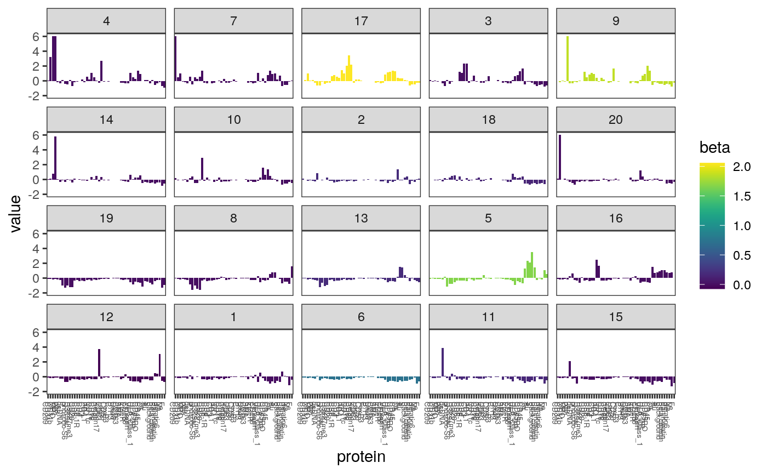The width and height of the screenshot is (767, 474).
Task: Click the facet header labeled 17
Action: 360,21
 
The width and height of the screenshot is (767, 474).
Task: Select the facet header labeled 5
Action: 488,219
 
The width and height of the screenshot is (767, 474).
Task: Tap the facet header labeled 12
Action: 106,317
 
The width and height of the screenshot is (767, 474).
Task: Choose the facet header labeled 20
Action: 615,120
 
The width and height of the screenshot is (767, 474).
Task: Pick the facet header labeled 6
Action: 360,317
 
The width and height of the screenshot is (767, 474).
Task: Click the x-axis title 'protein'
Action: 361,457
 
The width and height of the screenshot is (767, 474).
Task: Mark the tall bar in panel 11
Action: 442,362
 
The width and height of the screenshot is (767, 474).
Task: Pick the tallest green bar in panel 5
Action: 532,266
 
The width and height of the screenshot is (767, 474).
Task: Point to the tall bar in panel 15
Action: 570,369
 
